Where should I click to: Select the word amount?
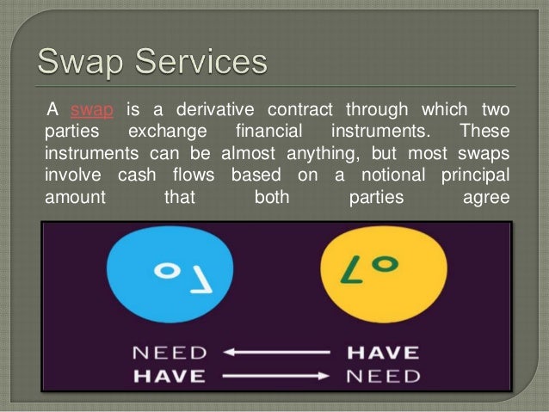coord(74,197)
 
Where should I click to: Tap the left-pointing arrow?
coord(274,353)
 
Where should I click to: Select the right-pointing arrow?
coord(274,376)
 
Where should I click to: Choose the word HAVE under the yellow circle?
coord(383,353)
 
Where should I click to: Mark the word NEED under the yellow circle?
coord(383,376)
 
